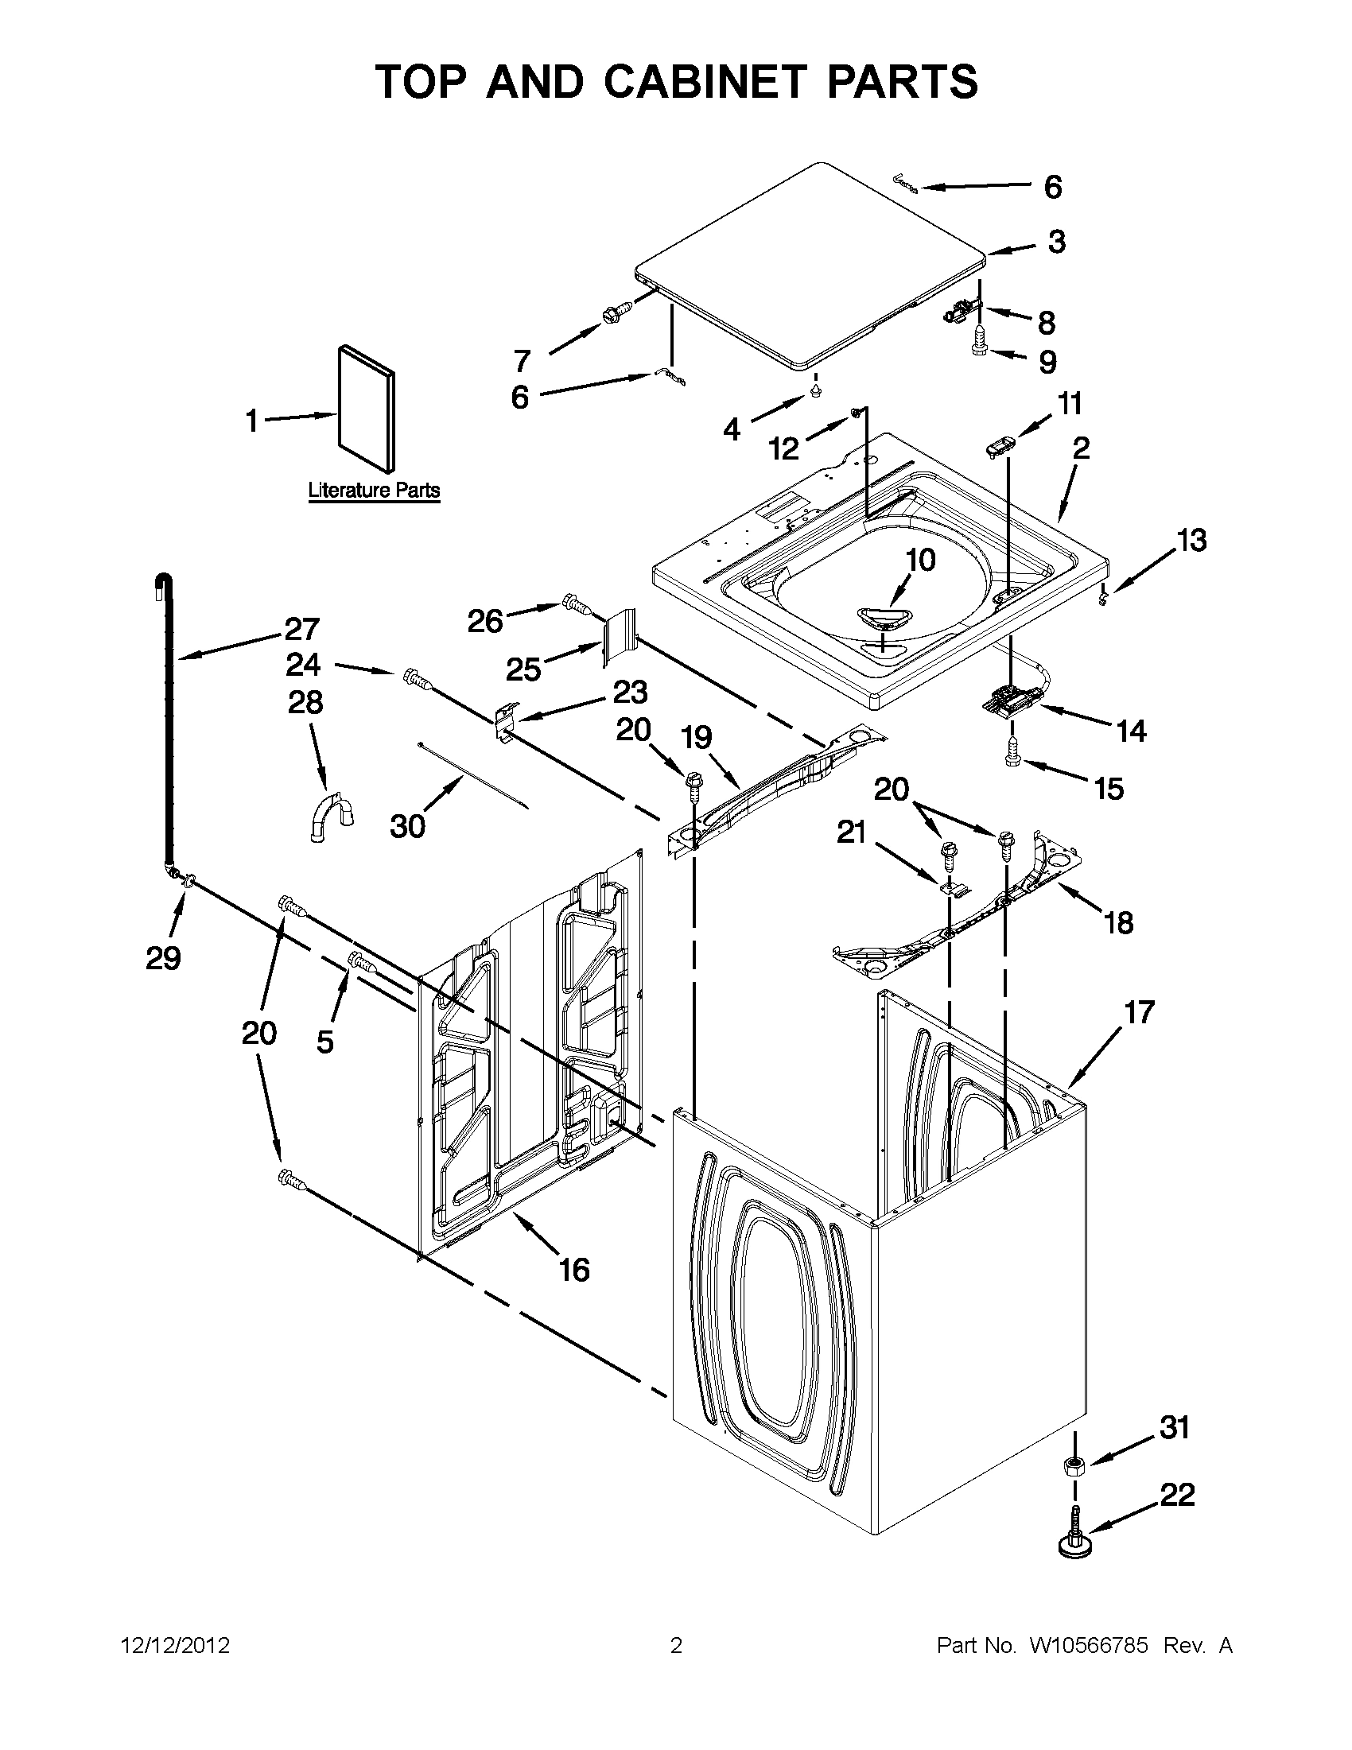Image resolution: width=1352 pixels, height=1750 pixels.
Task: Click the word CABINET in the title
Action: tap(705, 82)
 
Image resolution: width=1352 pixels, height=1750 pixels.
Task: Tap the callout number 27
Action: tap(301, 629)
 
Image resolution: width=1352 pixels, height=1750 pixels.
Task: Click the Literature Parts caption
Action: tap(375, 490)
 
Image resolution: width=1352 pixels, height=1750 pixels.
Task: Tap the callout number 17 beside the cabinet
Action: tap(1139, 1012)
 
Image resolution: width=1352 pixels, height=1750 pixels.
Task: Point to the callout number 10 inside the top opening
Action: tap(920, 560)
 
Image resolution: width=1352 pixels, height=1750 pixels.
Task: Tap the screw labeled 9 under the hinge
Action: tap(980, 343)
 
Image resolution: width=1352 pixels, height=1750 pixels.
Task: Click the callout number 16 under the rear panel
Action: tap(574, 1269)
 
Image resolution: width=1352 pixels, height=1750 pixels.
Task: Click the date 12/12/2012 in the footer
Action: tap(176, 1646)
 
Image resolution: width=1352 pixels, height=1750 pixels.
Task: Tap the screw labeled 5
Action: tap(361, 962)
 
